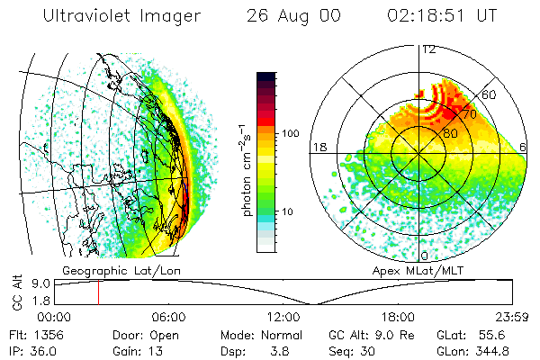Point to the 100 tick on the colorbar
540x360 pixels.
tap(292, 133)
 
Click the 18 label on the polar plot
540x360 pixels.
tap(318, 147)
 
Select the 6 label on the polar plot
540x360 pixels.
tap(524, 147)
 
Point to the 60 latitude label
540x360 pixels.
tap(490, 94)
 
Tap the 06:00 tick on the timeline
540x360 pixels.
tap(168, 318)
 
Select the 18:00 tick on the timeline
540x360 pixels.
tap(398, 318)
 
